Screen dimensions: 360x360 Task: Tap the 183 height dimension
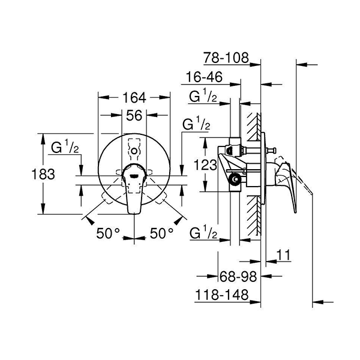tap(43, 174)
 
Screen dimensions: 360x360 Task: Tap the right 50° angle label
tap(161, 233)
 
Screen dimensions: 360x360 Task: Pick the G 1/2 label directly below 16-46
tap(203, 97)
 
